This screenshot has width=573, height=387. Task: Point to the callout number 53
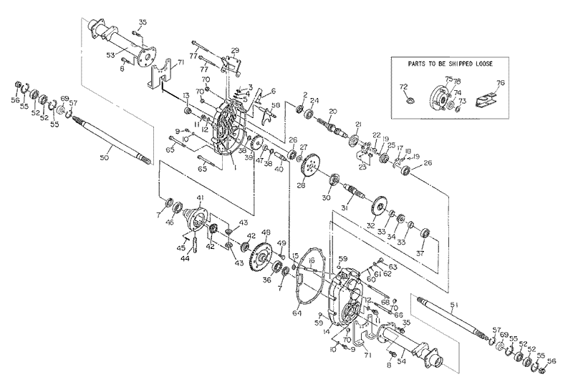110,54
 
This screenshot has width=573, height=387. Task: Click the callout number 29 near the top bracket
234,49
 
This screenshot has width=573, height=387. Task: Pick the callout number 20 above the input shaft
332,111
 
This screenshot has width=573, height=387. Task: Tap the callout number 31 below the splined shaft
344,207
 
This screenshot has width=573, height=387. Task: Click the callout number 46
169,222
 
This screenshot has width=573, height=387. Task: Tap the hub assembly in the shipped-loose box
440,95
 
